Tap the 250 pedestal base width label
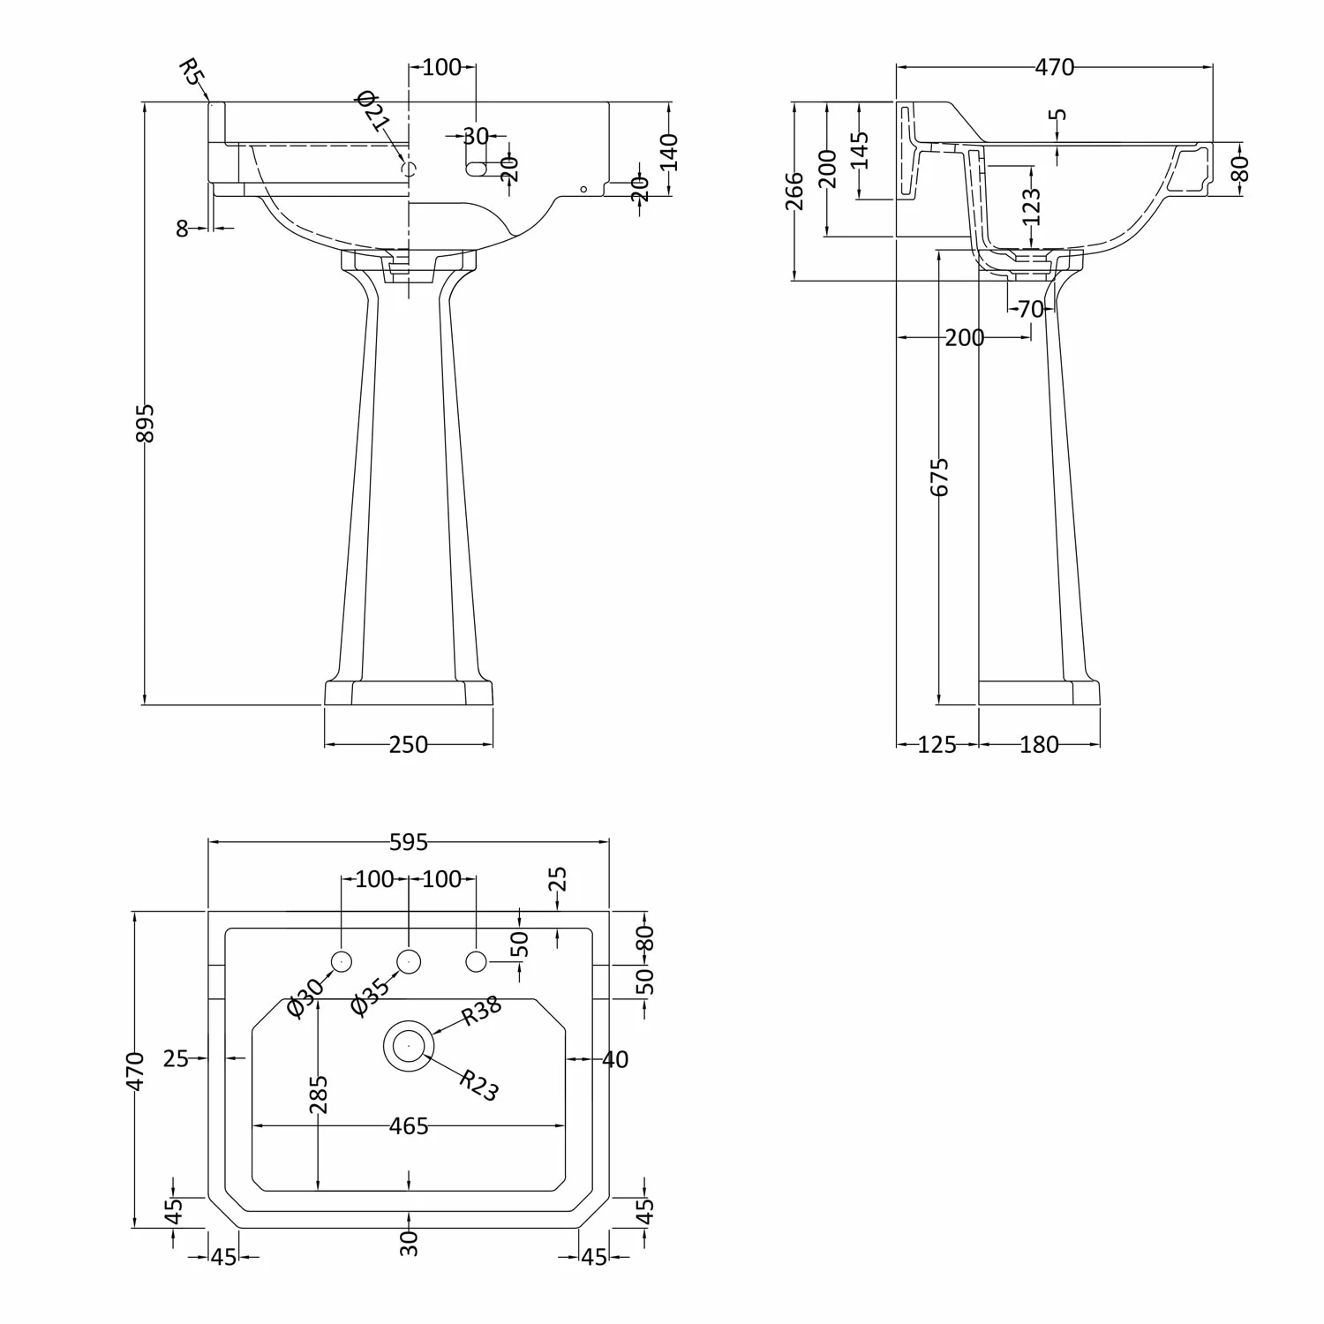point(408,745)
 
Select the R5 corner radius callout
point(190,71)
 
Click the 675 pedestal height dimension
point(940,477)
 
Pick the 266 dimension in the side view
point(794,191)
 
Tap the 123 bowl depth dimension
point(1031,207)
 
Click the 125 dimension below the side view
point(937,745)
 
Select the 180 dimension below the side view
point(1039,745)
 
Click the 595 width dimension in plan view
point(409,842)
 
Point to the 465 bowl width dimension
point(409,1126)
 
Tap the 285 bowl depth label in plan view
point(319,1094)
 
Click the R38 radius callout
point(482,1010)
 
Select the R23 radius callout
point(479,1086)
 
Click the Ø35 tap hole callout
point(371,997)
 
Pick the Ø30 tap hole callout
point(306,997)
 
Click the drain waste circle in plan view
point(409,1045)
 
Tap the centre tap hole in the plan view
point(409,960)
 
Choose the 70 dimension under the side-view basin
point(1030,309)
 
